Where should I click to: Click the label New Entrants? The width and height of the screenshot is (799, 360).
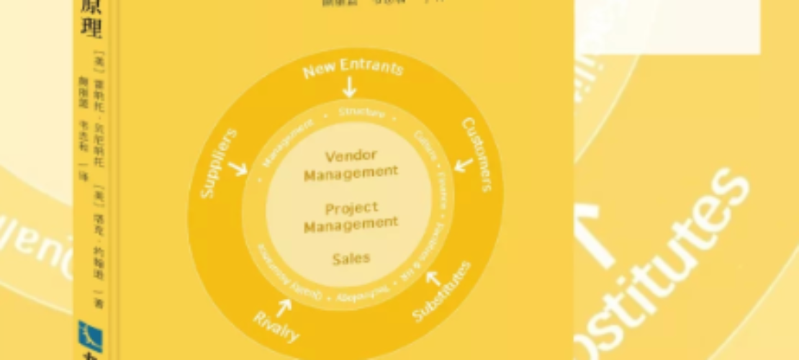point(352,68)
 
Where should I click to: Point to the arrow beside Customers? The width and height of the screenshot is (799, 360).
point(463,166)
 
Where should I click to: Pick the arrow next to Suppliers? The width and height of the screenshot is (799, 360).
point(237,168)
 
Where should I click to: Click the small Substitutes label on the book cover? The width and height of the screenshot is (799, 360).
point(443,291)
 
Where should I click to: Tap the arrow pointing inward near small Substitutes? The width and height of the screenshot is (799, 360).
point(433,277)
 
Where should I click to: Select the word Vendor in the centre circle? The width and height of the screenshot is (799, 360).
point(351,156)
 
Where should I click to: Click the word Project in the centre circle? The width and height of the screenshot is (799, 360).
point(351,209)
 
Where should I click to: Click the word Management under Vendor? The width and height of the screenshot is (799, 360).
point(351,173)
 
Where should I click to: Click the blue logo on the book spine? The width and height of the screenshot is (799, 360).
point(90,336)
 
